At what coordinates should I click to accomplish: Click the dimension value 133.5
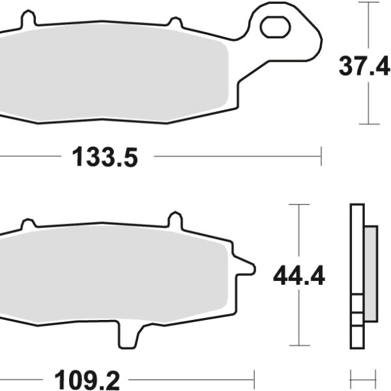[105, 157]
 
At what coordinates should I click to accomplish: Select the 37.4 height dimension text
[364, 66]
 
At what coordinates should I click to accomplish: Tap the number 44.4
[298, 276]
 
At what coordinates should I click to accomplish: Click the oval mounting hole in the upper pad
[274, 27]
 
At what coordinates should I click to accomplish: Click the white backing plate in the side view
[356, 274]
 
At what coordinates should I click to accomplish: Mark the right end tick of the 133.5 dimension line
[321, 156]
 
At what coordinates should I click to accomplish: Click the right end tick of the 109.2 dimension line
[254, 377]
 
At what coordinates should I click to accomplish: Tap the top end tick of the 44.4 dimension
[298, 204]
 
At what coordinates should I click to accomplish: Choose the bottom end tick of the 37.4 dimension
[369, 123]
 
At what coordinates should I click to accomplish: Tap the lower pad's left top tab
[27, 224]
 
